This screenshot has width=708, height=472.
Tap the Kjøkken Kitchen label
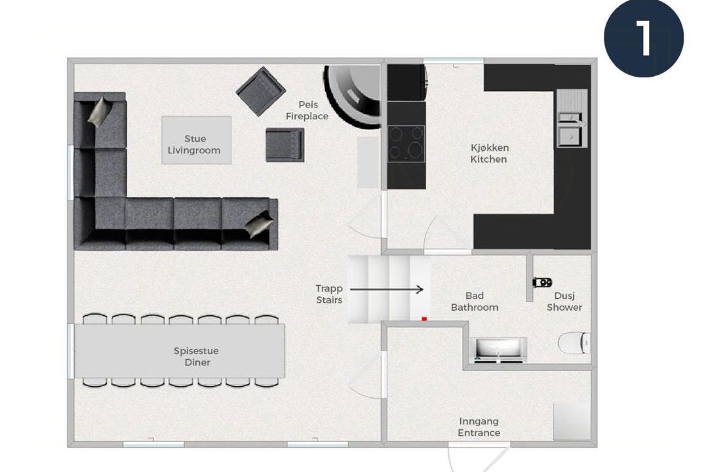[489, 153]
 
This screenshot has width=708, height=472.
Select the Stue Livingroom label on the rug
[195, 144]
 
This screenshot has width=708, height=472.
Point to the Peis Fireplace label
[307, 110]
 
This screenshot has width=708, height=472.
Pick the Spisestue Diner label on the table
[197, 357]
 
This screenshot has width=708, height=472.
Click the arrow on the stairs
[387, 290]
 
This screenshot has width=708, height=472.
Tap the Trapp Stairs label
[329, 294]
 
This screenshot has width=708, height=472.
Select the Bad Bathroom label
[475, 302]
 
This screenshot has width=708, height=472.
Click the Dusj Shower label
[564, 302]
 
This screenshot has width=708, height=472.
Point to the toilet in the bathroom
[574, 344]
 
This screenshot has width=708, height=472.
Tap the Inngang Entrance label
[479, 427]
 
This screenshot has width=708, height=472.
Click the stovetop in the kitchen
[406, 144]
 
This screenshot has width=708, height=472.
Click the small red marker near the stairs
[424, 319]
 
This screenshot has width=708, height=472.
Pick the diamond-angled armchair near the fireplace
[261, 91]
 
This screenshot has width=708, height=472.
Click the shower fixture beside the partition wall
[542, 283]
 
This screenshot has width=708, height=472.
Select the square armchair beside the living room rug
[285, 144]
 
